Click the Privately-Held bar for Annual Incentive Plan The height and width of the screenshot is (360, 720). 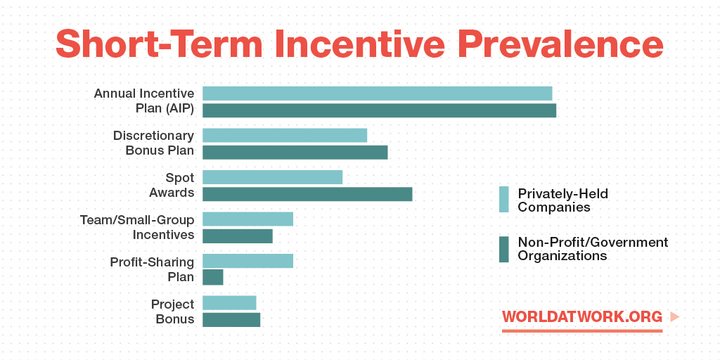tap(377, 94)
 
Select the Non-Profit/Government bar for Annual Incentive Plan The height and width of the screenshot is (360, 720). tap(379, 110)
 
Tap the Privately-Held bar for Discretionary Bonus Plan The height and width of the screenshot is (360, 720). tap(285, 136)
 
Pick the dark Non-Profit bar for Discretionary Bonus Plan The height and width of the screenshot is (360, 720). tap(295, 153)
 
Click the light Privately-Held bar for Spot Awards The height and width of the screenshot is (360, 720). tap(272, 177)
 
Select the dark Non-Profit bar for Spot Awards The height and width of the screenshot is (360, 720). tap(307, 194)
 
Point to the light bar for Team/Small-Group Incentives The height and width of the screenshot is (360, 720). tap(247, 219)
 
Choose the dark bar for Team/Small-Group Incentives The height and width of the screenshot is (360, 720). tap(238, 236)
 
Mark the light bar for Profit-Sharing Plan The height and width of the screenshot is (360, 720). tap(247, 261)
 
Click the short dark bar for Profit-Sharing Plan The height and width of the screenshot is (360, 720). tap(212, 277)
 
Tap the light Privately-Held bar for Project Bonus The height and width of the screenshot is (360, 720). tap(229, 302)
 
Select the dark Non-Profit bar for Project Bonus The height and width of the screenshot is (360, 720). tap(231, 320)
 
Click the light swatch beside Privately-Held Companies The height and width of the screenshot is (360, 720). tap(503, 199)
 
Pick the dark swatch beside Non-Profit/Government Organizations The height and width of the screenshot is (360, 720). tap(503, 250)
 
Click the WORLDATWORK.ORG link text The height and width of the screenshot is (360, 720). tap(582, 317)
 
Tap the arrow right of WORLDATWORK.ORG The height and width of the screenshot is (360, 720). tap(674, 317)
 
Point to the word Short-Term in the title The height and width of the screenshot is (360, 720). tap(159, 44)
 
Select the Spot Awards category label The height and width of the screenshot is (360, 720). tap(172, 185)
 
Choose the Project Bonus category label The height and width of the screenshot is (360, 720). tap(173, 311)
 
